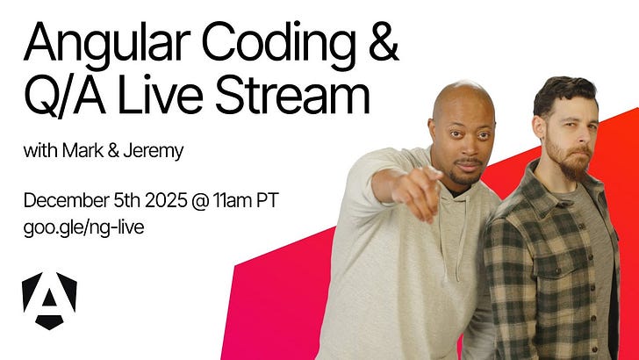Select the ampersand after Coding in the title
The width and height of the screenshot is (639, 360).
384,40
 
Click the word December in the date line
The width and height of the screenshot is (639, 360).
66,200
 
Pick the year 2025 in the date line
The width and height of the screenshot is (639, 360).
166,200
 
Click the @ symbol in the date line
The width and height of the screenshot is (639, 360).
200,201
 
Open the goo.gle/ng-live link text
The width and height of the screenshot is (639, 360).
83,228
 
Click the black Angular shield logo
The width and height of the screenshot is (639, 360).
49,300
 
